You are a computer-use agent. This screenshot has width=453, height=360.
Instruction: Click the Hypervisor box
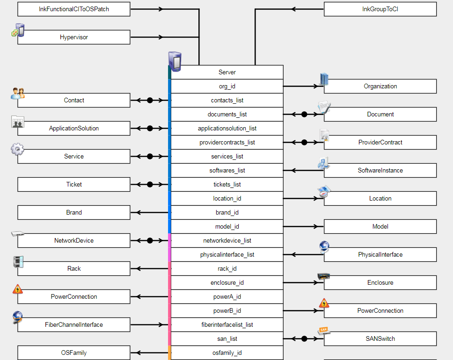(x=74, y=37)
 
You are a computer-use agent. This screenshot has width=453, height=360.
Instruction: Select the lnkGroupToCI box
(x=380, y=9)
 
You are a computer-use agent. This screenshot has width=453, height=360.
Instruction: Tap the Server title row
(x=227, y=72)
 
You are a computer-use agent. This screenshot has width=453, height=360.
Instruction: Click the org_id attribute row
(x=227, y=86)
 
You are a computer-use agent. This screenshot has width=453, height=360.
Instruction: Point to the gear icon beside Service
(x=17, y=149)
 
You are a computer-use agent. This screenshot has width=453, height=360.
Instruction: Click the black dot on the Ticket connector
(x=150, y=185)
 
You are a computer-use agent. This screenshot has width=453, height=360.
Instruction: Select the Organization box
(x=380, y=86)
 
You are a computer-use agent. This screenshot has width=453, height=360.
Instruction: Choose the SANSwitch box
(x=380, y=339)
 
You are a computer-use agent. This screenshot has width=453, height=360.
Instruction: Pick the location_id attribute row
(x=227, y=199)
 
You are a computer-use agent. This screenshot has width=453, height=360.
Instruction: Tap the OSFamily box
(x=74, y=353)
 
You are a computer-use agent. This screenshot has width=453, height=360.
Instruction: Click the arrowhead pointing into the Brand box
(x=134, y=213)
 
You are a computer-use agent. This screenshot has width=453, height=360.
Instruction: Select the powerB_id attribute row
(x=227, y=311)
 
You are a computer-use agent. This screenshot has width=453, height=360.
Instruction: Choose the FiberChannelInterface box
(x=74, y=325)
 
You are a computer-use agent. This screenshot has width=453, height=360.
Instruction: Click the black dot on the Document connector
(x=304, y=115)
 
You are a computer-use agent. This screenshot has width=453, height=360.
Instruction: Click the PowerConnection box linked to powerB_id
(x=380, y=311)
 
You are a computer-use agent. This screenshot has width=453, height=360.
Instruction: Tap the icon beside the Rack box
(x=18, y=262)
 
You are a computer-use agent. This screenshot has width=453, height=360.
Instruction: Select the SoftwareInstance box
(x=380, y=171)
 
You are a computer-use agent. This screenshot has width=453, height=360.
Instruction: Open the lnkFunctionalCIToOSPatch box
(x=74, y=9)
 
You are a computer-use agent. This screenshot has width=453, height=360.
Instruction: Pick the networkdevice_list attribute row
(x=227, y=241)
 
